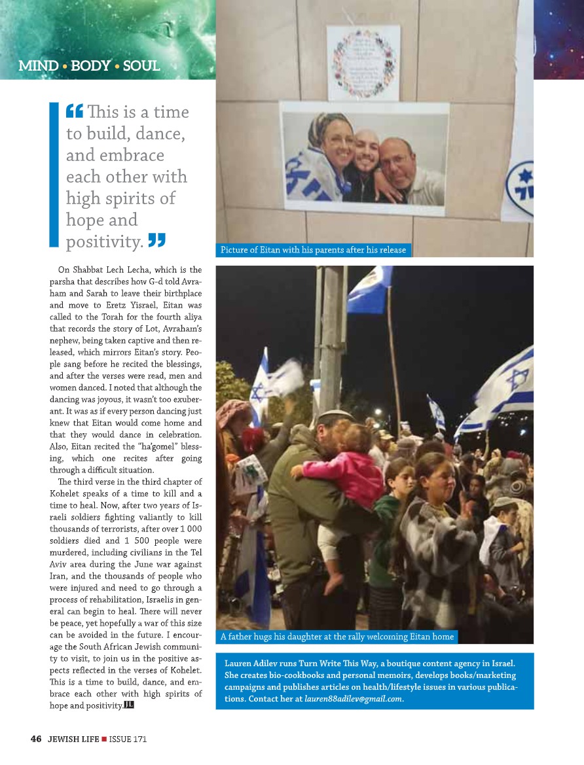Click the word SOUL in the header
tap(141, 66)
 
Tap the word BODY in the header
tap(90, 66)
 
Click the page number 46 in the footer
tap(36, 739)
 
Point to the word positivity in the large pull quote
tap(105, 242)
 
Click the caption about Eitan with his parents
tap(313, 250)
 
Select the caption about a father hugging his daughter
tap(337, 636)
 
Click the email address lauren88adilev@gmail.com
tap(354, 700)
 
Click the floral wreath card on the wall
tap(363, 63)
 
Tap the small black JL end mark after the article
tap(129, 705)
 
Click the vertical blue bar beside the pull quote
tap(54, 173)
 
